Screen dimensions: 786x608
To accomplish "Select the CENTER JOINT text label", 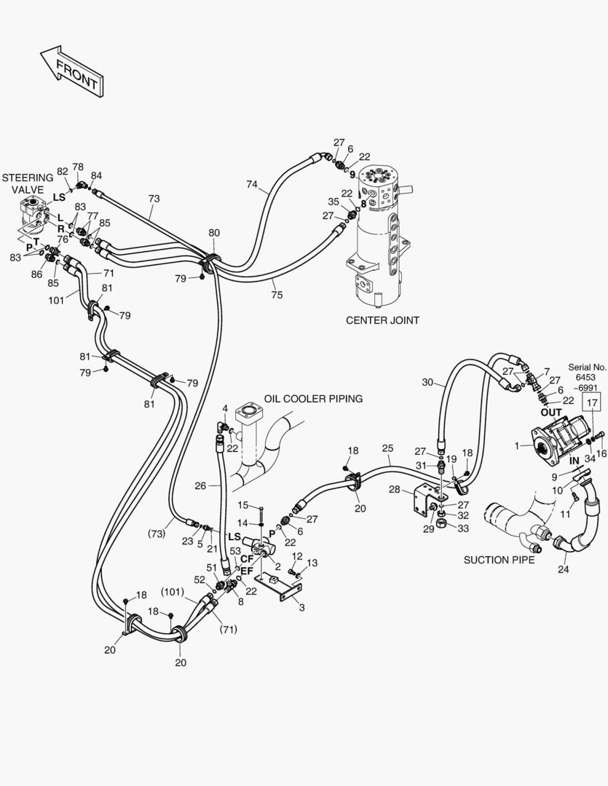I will tap(382, 319).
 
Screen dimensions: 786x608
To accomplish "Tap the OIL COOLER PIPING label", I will tap(313, 399).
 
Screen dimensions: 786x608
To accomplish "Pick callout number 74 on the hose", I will tap(251, 185).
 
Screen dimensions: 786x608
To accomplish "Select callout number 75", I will tap(277, 294).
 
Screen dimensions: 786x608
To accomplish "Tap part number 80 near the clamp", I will tap(214, 233).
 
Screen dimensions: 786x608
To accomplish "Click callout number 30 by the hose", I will tap(427, 383).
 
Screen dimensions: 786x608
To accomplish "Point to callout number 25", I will tap(387, 449).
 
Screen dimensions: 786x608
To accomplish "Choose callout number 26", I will tap(202, 485).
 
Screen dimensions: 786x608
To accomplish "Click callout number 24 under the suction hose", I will tap(563, 569).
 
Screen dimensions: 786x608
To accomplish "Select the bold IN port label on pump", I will tap(575, 461).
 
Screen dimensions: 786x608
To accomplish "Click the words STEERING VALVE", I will tap(28, 183).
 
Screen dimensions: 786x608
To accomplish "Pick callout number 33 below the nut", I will tap(464, 528).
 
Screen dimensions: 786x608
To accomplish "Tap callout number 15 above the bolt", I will tap(245, 505).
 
